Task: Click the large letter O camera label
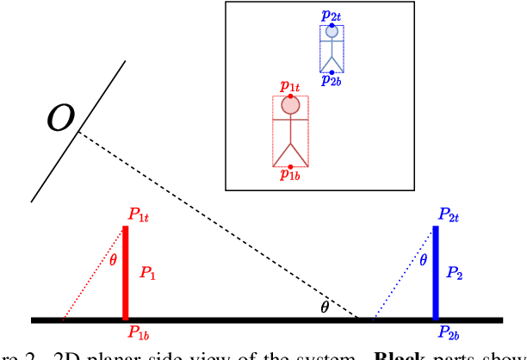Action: coord(59,118)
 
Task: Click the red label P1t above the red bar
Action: coord(142,214)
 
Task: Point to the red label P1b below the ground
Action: coord(140,332)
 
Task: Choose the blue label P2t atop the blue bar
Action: coord(448,214)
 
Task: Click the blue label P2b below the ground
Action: coord(449,332)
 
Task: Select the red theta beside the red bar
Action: coord(113,259)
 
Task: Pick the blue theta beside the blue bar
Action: coord(422,259)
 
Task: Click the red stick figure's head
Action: coord(291,106)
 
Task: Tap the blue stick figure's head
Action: coord(332,33)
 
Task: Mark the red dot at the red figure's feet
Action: coord(291,166)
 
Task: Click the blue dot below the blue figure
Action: coord(332,72)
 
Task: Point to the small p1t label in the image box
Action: coord(290,87)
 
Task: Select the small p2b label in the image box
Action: coord(331,82)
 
